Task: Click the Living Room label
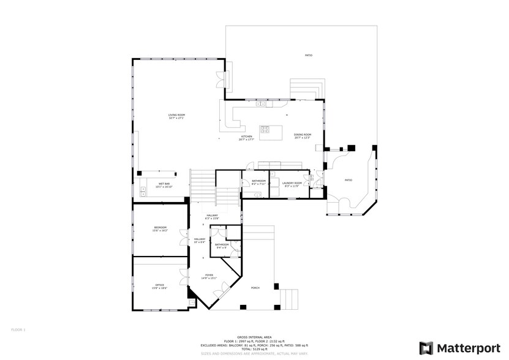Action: coord(176,116)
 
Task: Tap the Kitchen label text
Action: coord(246,138)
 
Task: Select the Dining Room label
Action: coord(303,136)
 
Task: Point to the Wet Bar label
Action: coord(164,185)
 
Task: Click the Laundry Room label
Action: coord(292,184)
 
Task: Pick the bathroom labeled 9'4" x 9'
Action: coord(221,246)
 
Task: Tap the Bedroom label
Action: coord(160,229)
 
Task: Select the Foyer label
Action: coord(209,277)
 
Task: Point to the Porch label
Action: coord(255,288)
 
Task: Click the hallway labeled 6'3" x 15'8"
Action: coord(212,217)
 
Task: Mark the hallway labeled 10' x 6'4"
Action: coord(200,241)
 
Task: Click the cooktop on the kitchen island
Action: coord(266,129)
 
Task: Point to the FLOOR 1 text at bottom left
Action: coord(18,329)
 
